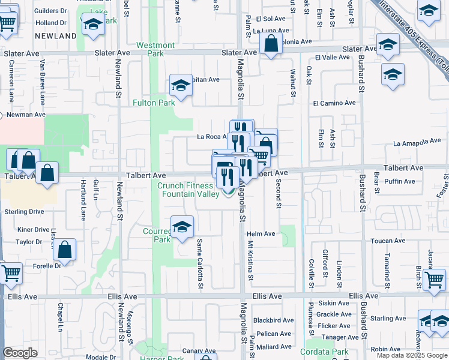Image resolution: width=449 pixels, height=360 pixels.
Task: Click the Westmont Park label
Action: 155,49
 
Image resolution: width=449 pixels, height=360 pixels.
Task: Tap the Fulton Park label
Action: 154,103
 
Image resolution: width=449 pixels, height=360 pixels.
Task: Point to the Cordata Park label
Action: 324,352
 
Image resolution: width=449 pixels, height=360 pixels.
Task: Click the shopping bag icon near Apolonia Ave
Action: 271,44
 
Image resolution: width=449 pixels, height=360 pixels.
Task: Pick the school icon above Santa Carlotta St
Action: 182,227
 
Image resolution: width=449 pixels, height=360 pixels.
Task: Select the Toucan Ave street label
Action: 388,241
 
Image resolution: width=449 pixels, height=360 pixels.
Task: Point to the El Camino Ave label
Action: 334,103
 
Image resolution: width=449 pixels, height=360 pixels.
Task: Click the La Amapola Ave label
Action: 417,142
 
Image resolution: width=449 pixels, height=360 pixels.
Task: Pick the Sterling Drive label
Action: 24,212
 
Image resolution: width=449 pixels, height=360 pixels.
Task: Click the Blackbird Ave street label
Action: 273,320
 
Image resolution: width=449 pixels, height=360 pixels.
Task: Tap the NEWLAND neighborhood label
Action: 55,36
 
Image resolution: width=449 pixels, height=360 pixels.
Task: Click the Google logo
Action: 20,353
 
